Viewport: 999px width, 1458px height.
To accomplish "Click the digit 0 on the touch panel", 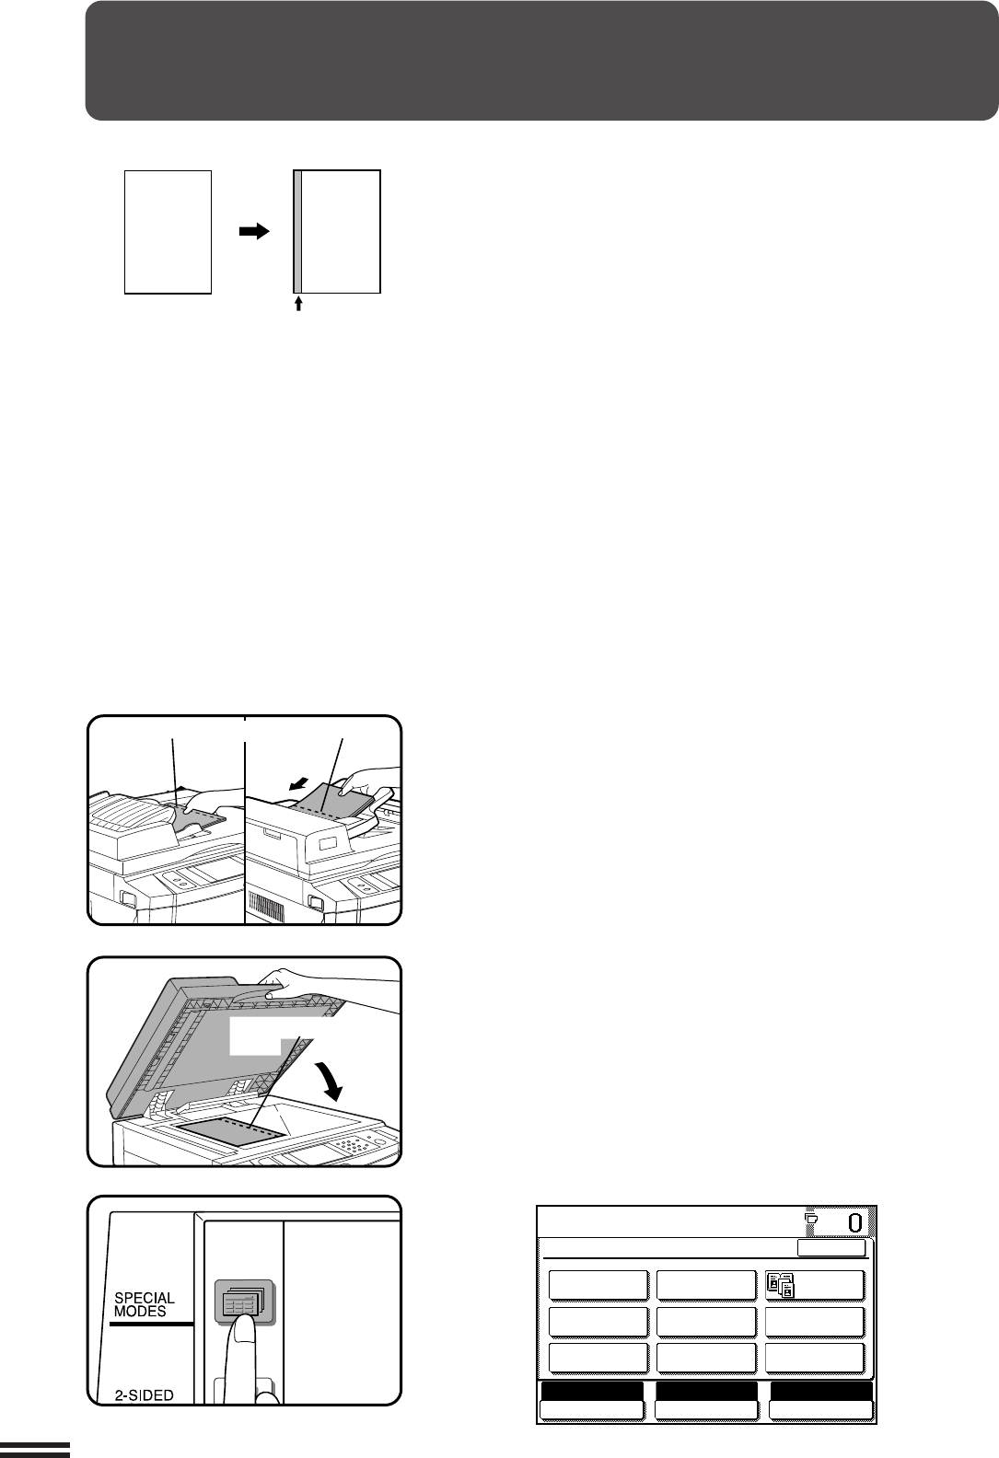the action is [854, 1223].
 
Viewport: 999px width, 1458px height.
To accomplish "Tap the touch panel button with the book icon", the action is [815, 1285].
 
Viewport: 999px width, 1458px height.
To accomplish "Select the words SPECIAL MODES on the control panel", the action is [144, 1305].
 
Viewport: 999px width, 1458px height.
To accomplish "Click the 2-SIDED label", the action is [144, 1395].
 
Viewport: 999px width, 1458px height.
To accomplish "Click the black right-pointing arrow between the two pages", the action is [254, 231].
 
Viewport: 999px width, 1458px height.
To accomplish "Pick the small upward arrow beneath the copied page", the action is [298, 304].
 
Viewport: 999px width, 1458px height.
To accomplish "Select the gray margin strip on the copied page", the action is [297, 232].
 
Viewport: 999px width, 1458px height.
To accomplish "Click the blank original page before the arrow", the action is [168, 232].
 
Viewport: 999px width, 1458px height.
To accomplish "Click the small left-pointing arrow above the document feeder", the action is [297, 786].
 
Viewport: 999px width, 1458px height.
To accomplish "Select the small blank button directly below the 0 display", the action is [831, 1248].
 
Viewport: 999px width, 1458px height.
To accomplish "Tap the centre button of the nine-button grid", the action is [706, 1322].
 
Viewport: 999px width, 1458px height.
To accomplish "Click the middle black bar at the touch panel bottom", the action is [706, 1391].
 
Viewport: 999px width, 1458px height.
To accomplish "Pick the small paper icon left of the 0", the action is [811, 1217].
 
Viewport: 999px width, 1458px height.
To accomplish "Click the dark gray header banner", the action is [541, 61].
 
